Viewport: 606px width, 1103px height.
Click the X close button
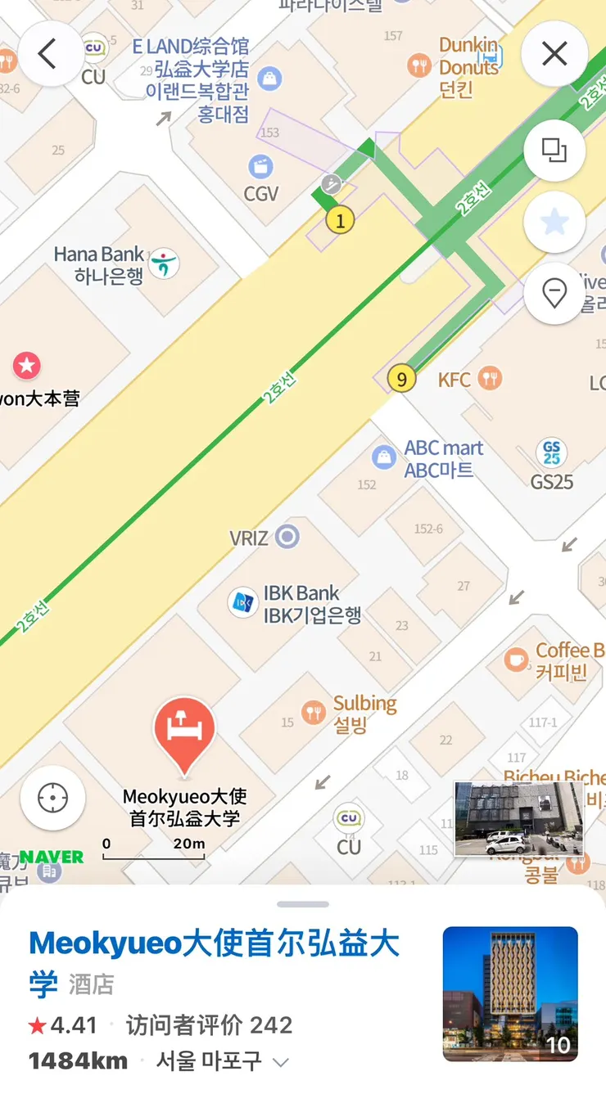[x=554, y=54]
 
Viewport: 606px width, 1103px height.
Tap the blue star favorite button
[x=554, y=223]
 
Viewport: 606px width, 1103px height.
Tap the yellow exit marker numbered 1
[x=340, y=219]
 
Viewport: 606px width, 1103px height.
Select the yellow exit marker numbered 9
[x=400, y=379]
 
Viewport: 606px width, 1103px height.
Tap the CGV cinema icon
[x=260, y=167]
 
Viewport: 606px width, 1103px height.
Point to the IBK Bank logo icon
[x=242, y=603]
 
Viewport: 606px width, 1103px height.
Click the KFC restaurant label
[x=454, y=380]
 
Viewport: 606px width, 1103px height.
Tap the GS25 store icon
[x=551, y=452]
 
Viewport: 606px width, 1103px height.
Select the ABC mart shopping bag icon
[x=383, y=457]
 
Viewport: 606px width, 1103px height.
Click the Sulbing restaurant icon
[x=313, y=712]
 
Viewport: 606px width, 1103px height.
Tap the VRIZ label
[x=249, y=538]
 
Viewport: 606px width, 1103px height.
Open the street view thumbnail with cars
[x=518, y=819]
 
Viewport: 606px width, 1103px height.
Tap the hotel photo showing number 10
[x=510, y=993]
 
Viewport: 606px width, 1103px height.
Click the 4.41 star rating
[x=64, y=1025]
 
